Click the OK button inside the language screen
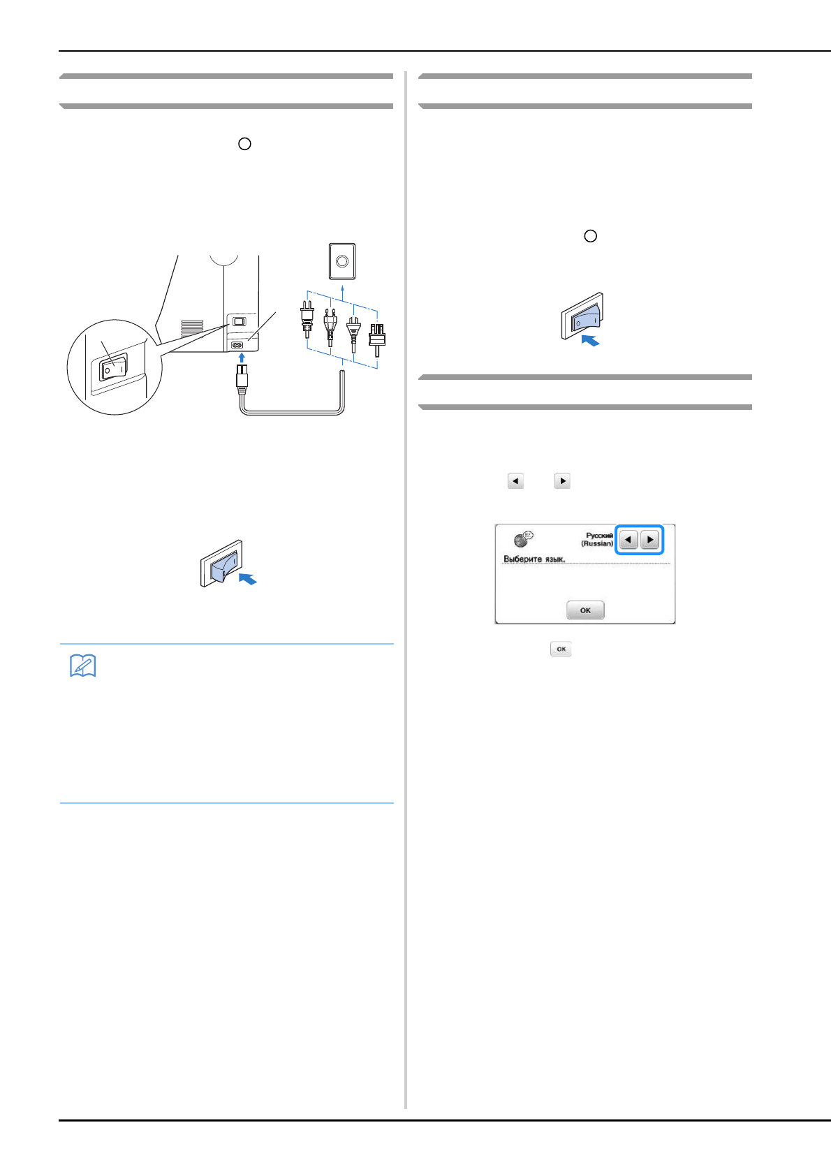(x=585, y=610)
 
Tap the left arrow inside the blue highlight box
(x=628, y=540)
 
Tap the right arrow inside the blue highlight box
(x=650, y=540)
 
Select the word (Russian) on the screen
(x=597, y=543)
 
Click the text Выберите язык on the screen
(x=534, y=559)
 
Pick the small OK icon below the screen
(x=561, y=649)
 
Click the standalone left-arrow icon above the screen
(x=515, y=481)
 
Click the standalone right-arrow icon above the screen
(x=562, y=481)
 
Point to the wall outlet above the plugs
(x=342, y=260)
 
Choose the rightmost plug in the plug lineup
(x=377, y=339)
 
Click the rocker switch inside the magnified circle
(x=112, y=367)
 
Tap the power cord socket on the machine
(x=237, y=344)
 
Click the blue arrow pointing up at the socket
(x=242, y=358)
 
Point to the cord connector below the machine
(x=242, y=378)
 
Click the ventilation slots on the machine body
(x=192, y=328)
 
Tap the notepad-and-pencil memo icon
(x=82, y=666)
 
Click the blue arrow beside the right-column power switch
(x=591, y=340)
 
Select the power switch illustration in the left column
(x=221, y=563)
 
